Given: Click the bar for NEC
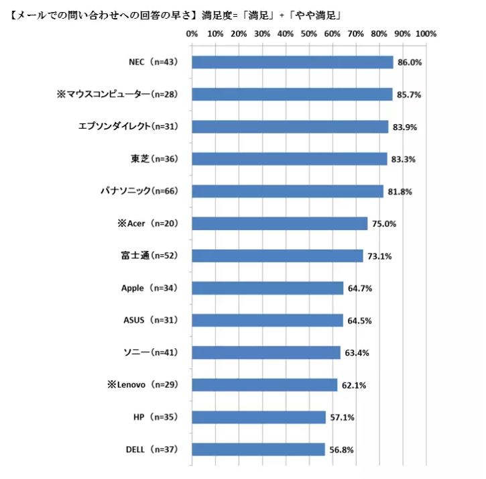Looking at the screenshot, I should coord(292,62).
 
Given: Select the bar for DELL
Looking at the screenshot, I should coord(258,449).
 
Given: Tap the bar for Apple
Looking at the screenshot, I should coord(267,288).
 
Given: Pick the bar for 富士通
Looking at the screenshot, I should coord(278,256).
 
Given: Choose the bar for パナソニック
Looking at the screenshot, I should coord(288,191).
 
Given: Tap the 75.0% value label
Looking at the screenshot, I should coord(383,223).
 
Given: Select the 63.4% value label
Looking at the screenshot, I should coord(356,353).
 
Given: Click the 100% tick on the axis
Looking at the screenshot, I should coord(426,34).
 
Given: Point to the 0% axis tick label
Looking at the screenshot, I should coord(192,34).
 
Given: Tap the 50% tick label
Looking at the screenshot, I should coord(309,34).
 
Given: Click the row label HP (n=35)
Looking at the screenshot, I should coord(155,417).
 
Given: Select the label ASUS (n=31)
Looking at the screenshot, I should coord(149,321).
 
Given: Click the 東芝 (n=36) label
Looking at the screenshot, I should coord(154,159).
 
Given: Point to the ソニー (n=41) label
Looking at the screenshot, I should coord(149,353).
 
